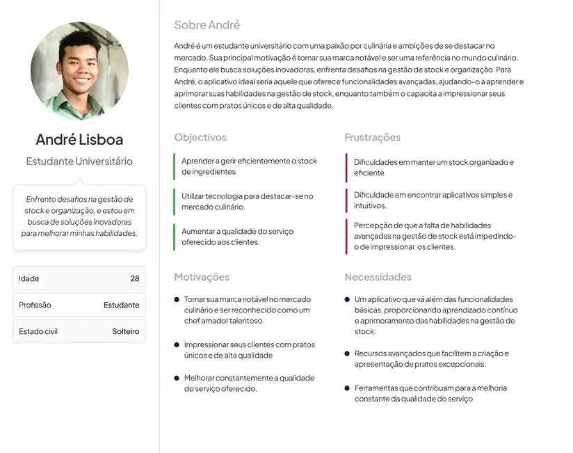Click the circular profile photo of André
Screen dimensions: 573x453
pyautogui.click(x=79, y=71)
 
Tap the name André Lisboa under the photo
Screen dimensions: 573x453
pyautogui.click(x=79, y=139)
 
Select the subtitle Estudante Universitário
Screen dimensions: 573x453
pyautogui.click(x=79, y=161)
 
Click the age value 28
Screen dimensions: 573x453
pyautogui.click(x=135, y=278)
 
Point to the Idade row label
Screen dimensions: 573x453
pyautogui.click(x=29, y=278)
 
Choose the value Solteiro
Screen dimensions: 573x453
pyautogui.click(x=126, y=331)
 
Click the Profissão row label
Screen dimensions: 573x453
pyautogui.click(x=35, y=305)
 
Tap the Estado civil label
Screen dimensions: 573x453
pyautogui.click(x=38, y=331)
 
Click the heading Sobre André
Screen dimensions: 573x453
pyautogui.click(x=207, y=25)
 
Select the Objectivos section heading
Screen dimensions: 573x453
pyautogui.click(x=200, y=138)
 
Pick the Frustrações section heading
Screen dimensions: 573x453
pyautogui.click(x=373, y=138)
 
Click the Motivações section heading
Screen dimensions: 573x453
pyautogui.click(x=202, y=277)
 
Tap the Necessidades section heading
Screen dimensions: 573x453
pyautogui.click(x=378, y=277)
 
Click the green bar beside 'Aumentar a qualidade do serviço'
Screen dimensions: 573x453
pyautogui.click(x=174, y=237)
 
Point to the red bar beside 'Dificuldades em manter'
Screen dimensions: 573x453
pyautogui.click(x=346, y=168)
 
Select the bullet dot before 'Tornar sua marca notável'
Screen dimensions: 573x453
pyautogui.click(x=177, y=299)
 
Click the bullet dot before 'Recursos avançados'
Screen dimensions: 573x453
pyautogui.click(x=347, y=353)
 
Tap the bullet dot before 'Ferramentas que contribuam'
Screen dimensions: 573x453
pyautogui.click(x=347, y=388)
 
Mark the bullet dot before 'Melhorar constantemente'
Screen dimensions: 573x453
pyautogui.click(x=177, y=378)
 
